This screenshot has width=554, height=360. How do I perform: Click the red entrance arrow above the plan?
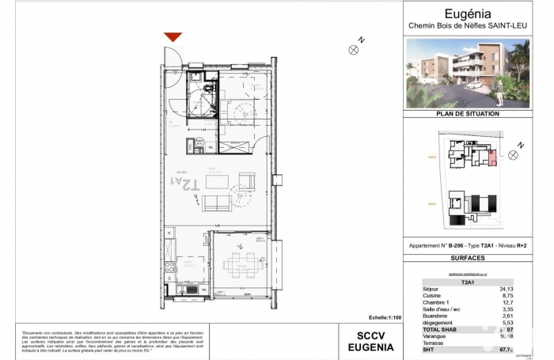173,37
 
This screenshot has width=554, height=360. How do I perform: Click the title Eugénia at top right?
469,13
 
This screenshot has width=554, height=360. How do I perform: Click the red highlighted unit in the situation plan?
493,157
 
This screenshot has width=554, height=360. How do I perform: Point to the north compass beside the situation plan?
513,155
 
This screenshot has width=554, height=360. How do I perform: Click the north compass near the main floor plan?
354,49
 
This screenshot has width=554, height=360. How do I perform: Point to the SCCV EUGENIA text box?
367,340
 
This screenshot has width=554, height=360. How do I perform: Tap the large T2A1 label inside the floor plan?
183,185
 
